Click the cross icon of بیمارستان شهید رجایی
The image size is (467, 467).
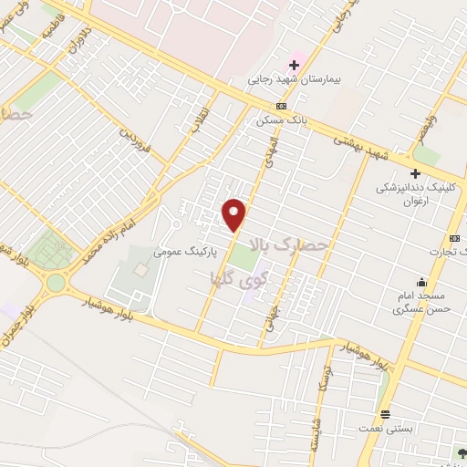point(294,65)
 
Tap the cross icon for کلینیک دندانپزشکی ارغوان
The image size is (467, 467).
point(415,172)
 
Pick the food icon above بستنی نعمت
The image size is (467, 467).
point(386,413)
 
